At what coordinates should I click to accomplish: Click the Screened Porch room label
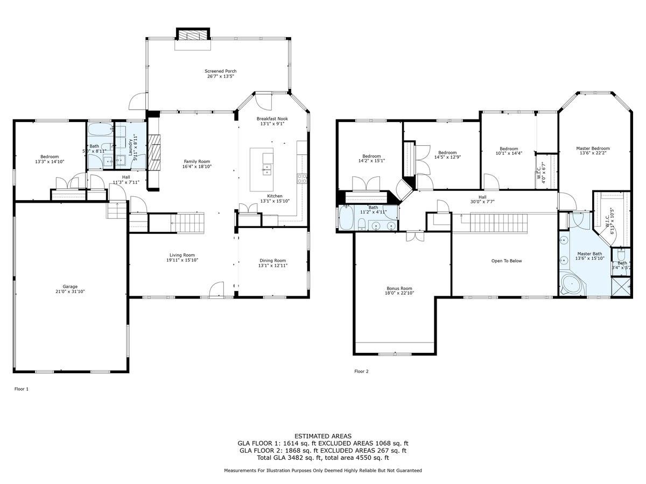[x=220, y=71]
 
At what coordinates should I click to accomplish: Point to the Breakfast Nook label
[x=272, y=118]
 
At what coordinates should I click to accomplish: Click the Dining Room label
[x=272, y=260]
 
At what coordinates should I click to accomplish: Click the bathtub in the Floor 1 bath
[x=100, y=131]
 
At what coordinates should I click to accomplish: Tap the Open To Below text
[x=506, y=261]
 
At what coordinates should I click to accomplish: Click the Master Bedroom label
[x=593, y=148]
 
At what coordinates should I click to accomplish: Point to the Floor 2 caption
[x=361, y=371]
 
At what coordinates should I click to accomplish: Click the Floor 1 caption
[x=21, y=388]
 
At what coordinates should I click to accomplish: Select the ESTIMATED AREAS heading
[x=322, y=436]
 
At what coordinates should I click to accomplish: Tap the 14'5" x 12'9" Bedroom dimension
[x=447, y=158]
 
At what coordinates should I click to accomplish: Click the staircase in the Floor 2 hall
[x=497, y=222]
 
